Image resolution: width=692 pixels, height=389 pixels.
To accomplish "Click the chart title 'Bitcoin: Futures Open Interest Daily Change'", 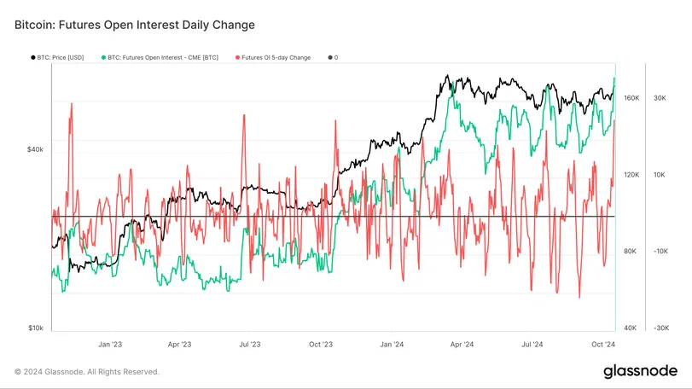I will (x=135, y=26).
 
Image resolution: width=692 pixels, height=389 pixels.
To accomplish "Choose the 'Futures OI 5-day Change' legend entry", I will (x=275, y=57).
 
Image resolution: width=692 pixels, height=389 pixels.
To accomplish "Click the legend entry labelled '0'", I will (x=335, y=57).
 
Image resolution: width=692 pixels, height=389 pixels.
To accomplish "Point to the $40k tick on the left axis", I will (x=35, y=149).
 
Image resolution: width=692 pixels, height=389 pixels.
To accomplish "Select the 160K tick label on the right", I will (x=632, y=98).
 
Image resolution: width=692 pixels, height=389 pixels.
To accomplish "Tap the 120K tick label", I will (x=632, y=175).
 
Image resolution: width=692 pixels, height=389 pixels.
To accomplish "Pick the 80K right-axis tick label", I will (x=631, y=252).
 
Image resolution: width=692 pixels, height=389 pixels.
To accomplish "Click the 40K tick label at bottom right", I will (x=631, y=328).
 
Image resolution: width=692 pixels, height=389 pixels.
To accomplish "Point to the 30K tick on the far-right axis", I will (x=660, y=98).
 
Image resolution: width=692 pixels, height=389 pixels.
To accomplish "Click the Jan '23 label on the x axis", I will (x=110, y=345).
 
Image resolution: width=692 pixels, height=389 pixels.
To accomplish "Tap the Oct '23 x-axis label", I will (x=320, y=345).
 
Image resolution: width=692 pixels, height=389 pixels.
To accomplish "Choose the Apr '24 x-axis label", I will (x=462, y=345).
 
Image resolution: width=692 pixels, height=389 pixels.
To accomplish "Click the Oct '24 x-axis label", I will (x=602, y=345).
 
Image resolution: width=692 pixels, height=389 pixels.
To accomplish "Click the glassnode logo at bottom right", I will (x=641, y=371).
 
